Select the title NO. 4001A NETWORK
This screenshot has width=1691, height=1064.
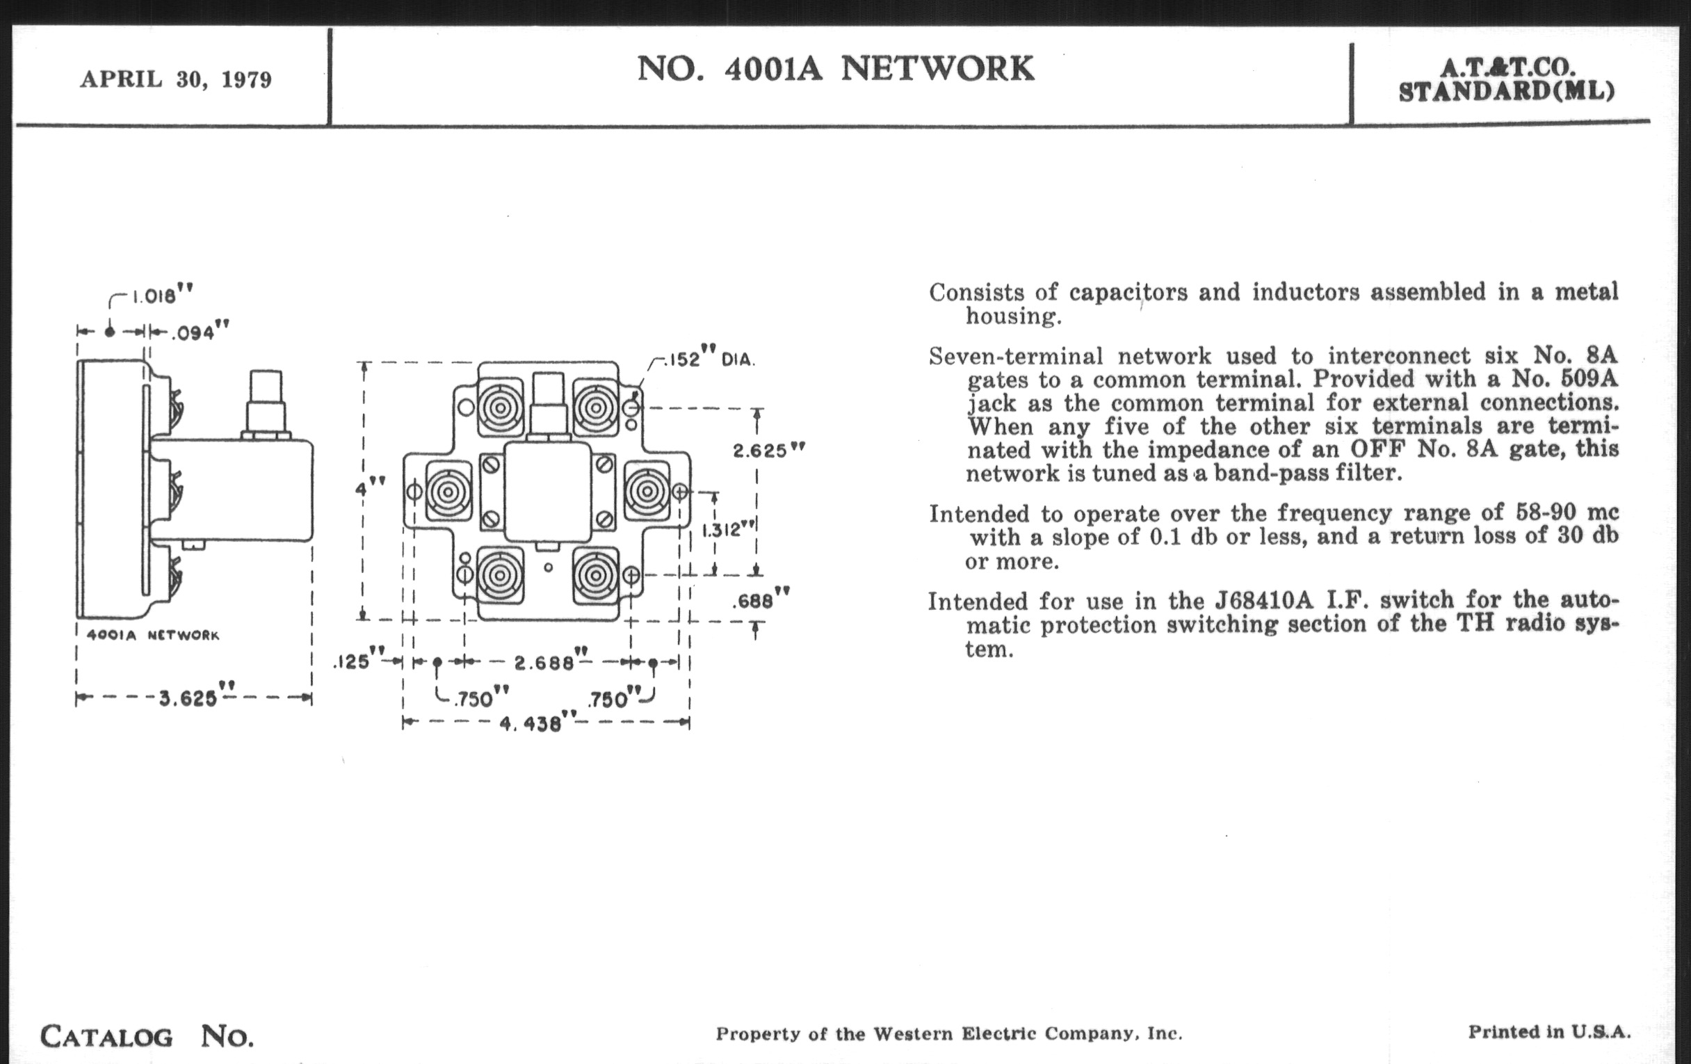835,69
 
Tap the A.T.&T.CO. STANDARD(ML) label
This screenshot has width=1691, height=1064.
1506,79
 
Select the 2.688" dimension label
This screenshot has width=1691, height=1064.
545,661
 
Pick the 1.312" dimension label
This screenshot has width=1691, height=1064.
723,529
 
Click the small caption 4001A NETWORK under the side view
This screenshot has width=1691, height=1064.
152,636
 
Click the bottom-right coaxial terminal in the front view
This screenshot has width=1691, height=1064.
595,576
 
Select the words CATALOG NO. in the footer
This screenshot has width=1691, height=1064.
147,1037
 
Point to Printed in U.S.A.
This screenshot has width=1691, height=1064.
1549,1032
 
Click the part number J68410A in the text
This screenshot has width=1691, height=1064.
1263,601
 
